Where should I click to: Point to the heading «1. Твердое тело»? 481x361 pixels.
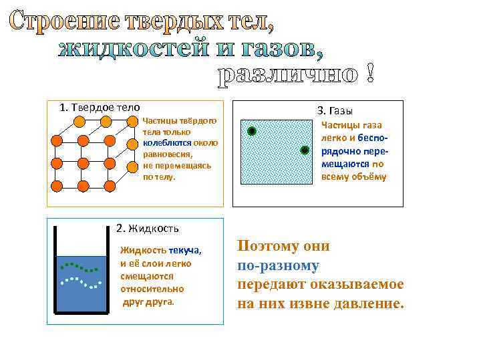(100, 107)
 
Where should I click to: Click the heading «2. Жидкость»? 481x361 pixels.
(148, 228)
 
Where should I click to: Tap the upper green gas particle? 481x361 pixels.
(252, 131)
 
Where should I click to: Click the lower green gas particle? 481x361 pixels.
(304, 150)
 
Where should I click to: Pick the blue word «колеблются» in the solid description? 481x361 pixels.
(167, 142)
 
